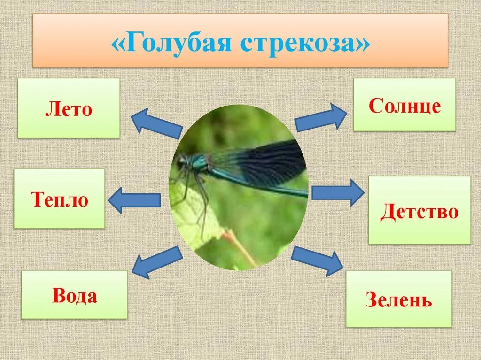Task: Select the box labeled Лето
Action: (x=69, y=108)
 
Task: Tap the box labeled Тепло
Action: (x=59, y=199)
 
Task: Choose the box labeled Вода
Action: (x=74, y=295)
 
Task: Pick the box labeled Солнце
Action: (x=404, y=105)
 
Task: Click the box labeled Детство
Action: (x=419, y=211)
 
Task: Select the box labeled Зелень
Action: (x=399, y=299)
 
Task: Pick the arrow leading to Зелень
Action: (x=317, y=260)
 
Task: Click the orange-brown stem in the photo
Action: (x=242, y=249)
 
